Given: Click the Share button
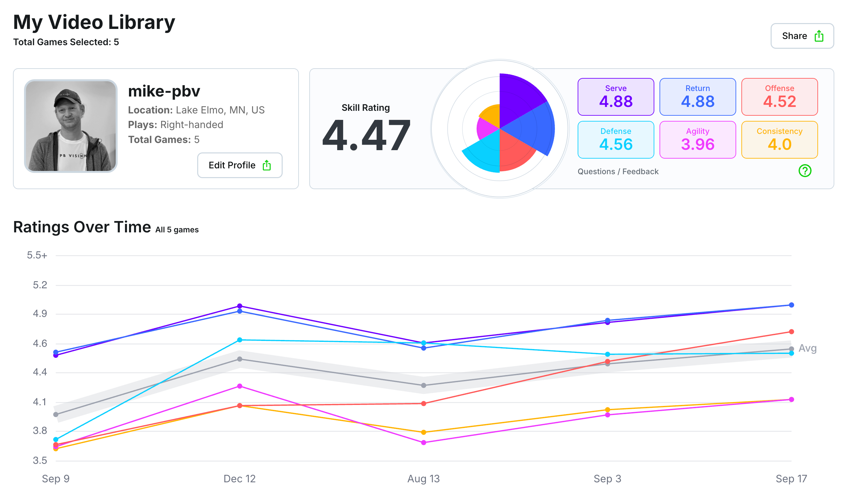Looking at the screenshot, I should click(802, 36).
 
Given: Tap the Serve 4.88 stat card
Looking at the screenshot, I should click(616, 97).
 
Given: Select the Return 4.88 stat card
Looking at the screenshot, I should click(698, 97).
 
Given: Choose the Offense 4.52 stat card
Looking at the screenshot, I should click(779, 97).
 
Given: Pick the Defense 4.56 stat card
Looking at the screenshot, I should click(616, 140).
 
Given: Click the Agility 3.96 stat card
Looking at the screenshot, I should click(698, 140).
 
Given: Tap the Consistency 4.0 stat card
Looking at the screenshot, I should click(779, 140).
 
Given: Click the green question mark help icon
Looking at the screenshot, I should click(805, 171).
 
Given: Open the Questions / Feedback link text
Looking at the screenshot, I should click(618, 172).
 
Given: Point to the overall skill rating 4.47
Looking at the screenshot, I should click(366, 135).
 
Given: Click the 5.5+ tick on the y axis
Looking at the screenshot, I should click(37, 255).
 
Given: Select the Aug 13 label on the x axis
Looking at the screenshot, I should click(423, 478).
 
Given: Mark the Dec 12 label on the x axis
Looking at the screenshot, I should click(239, 478).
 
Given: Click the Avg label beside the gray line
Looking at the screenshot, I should click(807, 348).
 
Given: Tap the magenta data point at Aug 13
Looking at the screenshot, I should click(424, 443).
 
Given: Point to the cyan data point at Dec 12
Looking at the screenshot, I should click(240, 340).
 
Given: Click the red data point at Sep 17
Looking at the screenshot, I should click(791, 332).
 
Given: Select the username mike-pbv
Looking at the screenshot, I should click(164, 91).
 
